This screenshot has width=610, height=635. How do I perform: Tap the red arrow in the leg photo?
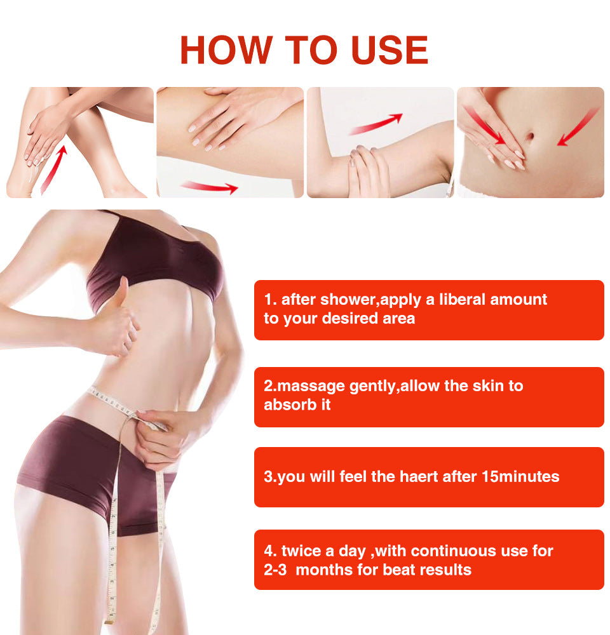coord(53,169)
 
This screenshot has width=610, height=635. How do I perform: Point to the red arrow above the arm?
coord(376,124)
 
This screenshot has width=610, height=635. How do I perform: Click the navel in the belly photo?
coord(529,136)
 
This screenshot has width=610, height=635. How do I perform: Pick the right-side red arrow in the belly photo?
coord(578,127)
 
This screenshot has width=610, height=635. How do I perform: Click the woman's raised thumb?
coord(121,293)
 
